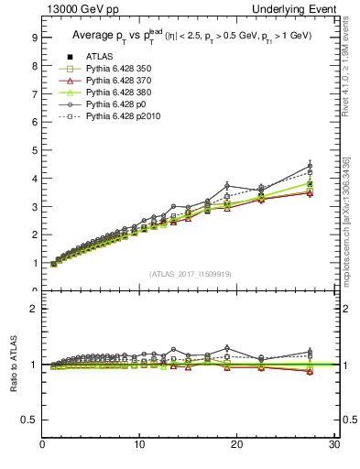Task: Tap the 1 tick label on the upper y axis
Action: click(33, 263)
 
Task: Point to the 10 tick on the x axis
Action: click(139, 446)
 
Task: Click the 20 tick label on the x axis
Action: click(236, 446)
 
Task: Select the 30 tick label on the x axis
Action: click(333, 446)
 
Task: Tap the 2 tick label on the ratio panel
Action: click(33, 309)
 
